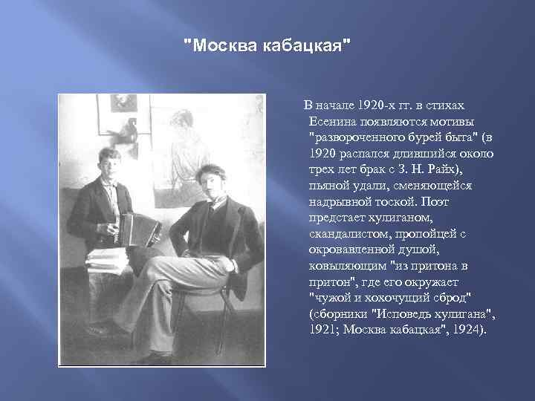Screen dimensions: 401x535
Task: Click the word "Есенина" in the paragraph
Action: point(331,120)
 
